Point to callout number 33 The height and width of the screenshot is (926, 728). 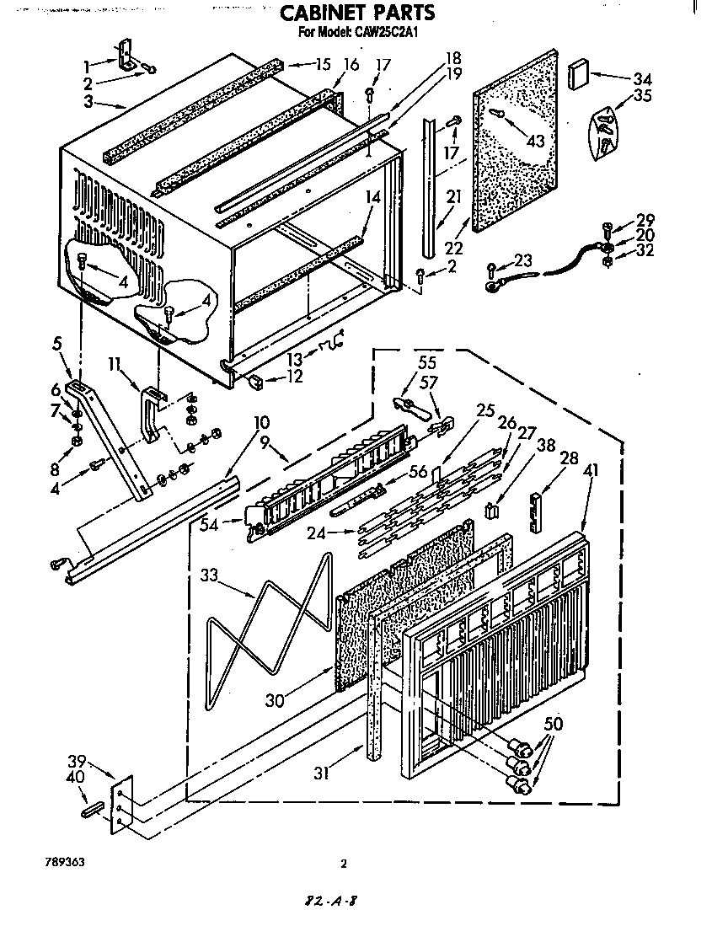tap(211, 575)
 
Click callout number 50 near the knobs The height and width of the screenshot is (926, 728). tap(553, 723)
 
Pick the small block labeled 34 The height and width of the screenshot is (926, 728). tap(579, 73)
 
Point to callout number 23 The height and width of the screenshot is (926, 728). tap(524, 260)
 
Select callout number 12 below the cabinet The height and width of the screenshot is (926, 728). tap(294, 377)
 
